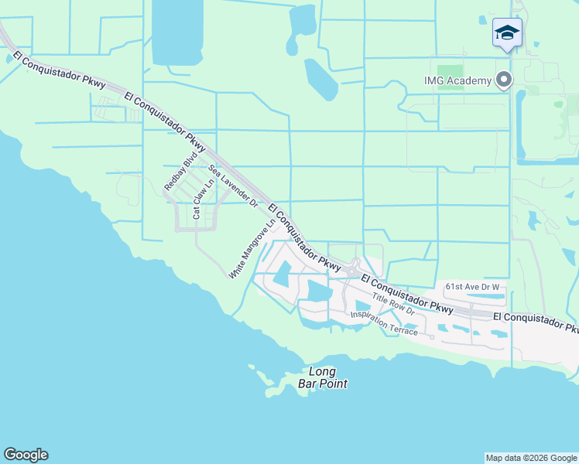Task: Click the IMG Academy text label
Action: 457,81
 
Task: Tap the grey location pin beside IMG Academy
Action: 505,80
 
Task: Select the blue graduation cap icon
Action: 507,33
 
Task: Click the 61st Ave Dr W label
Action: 472,287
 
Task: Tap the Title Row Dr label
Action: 392,305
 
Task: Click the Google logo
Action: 26,455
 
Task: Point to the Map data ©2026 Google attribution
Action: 531,458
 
